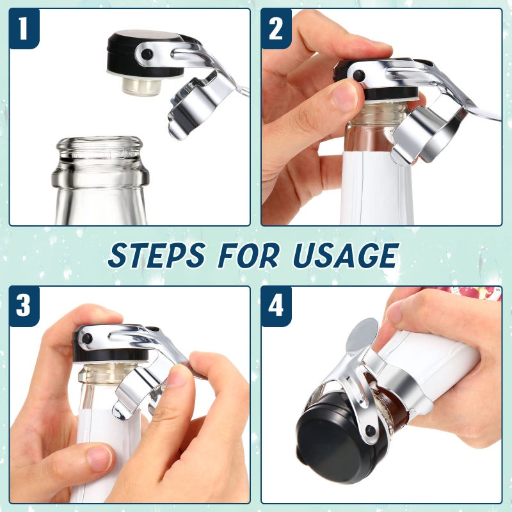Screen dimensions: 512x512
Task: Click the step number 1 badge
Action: click(x=24, y=29)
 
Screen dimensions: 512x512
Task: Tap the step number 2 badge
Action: click(x=276, y=29)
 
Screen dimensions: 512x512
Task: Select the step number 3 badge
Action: click(x=24, y=306)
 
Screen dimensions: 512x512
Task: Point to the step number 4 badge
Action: click(x=276, y=306)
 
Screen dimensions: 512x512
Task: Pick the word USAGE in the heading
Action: click(x=344, y=255)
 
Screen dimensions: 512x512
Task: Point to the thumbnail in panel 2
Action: click(x=346, y=96)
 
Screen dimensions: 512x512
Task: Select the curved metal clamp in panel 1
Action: click(x=195, y=106)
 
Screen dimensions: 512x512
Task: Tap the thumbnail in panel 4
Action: click(x=396, y=312)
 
